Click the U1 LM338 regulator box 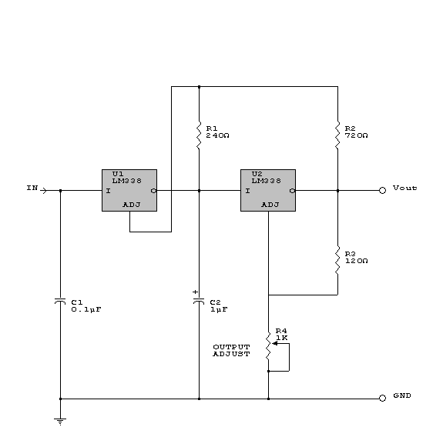(x=129, y=191)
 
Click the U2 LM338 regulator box (x=268, y=191)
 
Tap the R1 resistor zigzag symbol (x=199, y=135)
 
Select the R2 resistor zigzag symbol (x=337, y=135)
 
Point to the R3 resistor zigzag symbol (x=337, y=261)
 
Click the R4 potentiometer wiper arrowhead (x=274, y=343)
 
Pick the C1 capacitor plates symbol (x=60, y=302)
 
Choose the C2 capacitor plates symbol (x=199, y=302)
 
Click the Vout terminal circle (x=382, y=191)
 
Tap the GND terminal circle (x=382, y=398)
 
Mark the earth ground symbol (x=60, y=422)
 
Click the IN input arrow (x=43, y=191)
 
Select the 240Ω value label (x=217, y=135)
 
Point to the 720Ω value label (x=357, y=135)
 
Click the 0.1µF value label (x=86, y=309)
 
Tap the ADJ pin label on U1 (x=132, y=205)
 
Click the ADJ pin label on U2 (x=270, y=205)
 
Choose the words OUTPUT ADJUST (x=231, y=350)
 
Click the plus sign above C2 (x=195, y=292)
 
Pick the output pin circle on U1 (x=153, y=191)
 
